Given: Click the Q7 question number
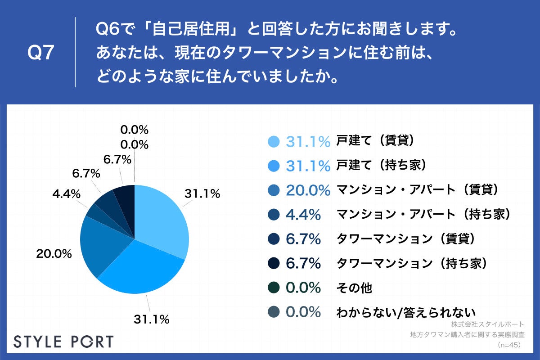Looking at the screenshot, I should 41,53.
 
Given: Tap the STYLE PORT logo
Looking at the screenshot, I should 63,341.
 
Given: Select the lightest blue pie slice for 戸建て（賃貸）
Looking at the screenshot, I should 162,216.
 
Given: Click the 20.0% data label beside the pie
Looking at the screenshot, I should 54,254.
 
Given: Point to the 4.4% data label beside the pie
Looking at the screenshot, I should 66,194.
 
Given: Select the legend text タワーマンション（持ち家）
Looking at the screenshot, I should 413,263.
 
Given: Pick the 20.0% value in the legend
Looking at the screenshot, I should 308,190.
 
